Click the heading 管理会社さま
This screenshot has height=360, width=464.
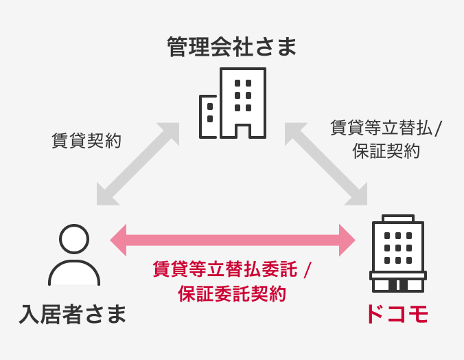coord(232,47)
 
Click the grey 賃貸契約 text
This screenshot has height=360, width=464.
coord(86,142)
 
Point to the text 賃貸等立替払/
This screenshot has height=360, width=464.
coord(386,128)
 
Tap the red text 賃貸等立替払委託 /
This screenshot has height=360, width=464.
coord(232,269)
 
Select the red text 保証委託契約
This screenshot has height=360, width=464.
coord(232,293)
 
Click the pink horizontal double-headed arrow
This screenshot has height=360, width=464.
coord(232,240)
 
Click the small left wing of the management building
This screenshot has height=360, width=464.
coord(209,117)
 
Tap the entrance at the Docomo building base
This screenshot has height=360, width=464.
coord(397,284)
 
